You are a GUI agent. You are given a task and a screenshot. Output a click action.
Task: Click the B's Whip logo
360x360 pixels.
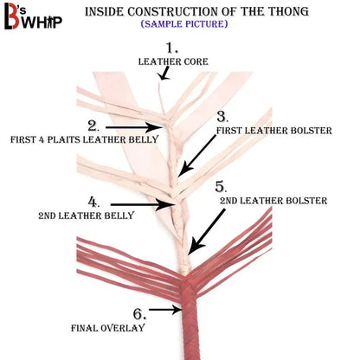pos(33,16)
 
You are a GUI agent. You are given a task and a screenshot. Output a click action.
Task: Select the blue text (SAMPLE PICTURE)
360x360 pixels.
pos(184,23)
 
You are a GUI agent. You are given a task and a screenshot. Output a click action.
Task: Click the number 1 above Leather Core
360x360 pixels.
pos(171,48)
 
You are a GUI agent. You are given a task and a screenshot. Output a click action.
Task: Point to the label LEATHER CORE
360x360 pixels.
pos(173,61)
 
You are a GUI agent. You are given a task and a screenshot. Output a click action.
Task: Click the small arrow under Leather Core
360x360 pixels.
pos(164,73)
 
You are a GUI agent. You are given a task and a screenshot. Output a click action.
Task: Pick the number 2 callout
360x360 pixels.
pos(93,126)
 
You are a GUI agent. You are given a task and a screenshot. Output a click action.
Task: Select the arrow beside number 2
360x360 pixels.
pos(132,127)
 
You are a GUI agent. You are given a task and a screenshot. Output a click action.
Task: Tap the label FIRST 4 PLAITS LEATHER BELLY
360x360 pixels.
pos(85,139)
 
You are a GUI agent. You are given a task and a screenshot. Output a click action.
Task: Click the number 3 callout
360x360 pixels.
pos(222,116)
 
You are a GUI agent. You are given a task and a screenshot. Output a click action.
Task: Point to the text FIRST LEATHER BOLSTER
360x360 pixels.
pos(274,131)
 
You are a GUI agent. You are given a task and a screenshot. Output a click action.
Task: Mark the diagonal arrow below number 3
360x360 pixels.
pos(196,156)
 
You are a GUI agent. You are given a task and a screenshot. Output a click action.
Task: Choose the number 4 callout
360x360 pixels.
pos(93,202)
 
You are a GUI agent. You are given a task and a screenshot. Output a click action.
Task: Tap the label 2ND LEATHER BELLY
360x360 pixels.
pos(87,215)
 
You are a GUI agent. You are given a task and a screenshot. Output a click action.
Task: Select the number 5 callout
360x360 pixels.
pos(221,187)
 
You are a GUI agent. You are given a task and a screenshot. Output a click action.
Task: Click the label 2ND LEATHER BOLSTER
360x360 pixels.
pos(273,201)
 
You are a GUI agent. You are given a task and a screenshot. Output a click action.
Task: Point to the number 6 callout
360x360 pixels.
pos(139,314)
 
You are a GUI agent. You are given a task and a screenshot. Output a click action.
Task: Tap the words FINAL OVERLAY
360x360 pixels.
pos(108,328)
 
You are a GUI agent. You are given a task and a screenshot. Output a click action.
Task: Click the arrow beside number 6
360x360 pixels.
pos(165,310)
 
